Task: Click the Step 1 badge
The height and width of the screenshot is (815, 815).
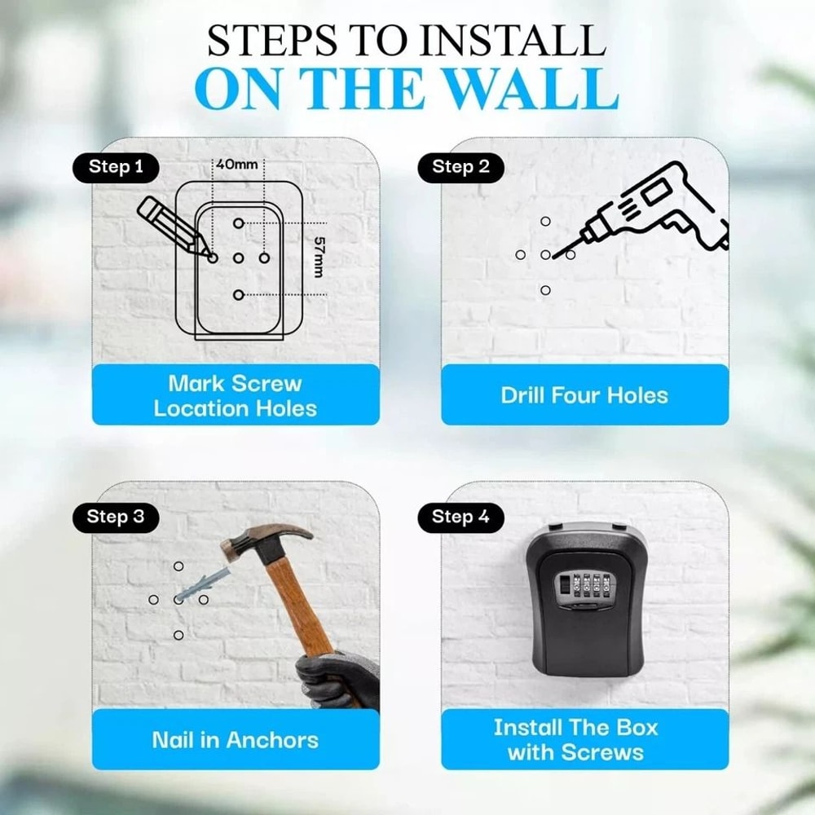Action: [x=116, y=167]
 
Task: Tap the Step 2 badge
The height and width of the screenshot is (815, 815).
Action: [x=460, y=167]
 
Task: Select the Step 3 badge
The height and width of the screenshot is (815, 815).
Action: [x=116, y=517]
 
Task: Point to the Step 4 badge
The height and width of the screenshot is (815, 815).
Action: [x=460, y=517]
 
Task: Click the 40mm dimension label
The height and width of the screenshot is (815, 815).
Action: [x=236, y=165]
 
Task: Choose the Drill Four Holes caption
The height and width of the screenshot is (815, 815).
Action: [x=584, y=395]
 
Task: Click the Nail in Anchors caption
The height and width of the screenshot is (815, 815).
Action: [x=236, y=740]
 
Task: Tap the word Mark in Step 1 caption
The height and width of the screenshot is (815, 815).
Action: [x=196, y=383]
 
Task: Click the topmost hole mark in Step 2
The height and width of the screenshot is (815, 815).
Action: [x=545, y=221]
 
